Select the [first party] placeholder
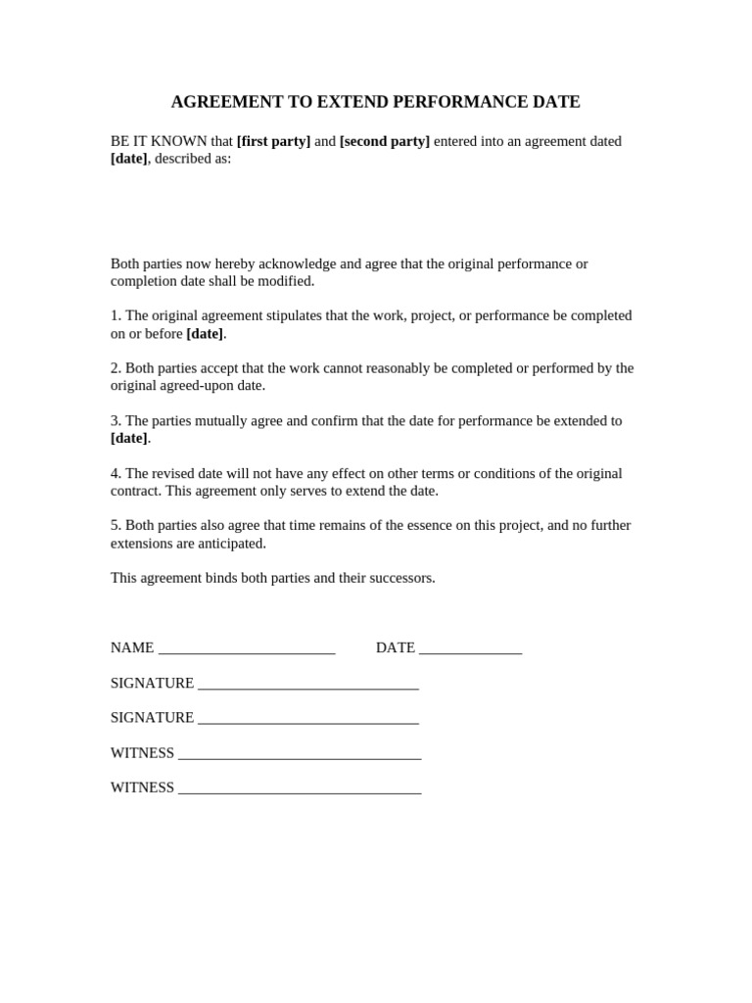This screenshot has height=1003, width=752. pos(273,141)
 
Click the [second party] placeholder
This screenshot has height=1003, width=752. pos(385,141)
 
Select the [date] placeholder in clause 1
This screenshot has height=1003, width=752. pos(205,333)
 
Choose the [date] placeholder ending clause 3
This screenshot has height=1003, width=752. pos(129,438)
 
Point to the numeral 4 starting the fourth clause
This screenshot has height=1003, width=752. pos(115,473)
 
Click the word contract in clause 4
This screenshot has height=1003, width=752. pos(135,491)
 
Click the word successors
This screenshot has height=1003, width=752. pos(399,578)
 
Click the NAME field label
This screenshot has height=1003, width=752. pos(132,647)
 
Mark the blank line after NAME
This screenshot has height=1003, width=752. pos(247,649)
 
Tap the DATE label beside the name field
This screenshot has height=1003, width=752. pos(396,647)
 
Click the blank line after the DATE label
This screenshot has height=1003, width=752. pos(470,649)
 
